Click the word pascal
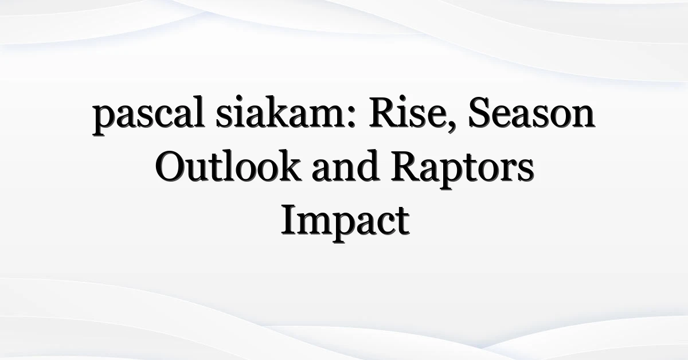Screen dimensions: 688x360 click(148, 115)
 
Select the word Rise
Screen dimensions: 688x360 click(407, 112)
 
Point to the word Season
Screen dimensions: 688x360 click(531, 113)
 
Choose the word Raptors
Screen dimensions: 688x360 click(462, 170)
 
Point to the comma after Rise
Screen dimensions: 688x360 click(451, 126)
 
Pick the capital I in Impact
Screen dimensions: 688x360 click(290, 220)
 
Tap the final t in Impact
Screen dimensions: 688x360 click(403, 222)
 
